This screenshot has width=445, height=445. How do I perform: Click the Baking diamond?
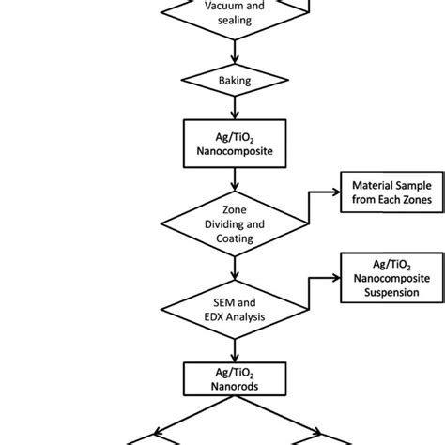pos(222,82)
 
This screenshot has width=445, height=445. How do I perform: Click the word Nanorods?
pos(222,386)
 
